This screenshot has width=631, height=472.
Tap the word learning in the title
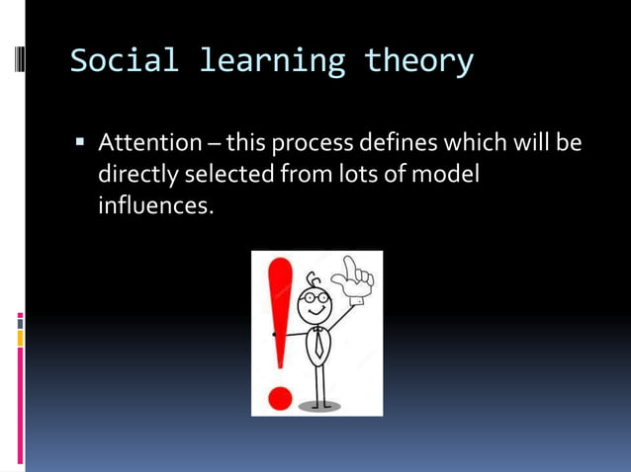pyautogui.click(x=272, y=61)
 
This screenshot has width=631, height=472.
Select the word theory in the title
pyautogui.click(x=418, y=61)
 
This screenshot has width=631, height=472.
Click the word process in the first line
pyautogui.click(x=312, y=144)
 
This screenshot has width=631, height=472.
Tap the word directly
pyautogui.click(x=139, y=176)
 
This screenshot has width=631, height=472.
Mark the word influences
pyautogui.click(x=155, y=207)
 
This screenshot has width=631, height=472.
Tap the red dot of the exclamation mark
pyautogui.click(x=280, y=398)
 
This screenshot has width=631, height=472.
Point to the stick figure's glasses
pyautogui.click(x=315, y=296)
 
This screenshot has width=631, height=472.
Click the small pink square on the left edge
pyautogui.click(x=19, y=320)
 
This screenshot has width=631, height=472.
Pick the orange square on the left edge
pyautogui.click(x=19, y=338)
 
